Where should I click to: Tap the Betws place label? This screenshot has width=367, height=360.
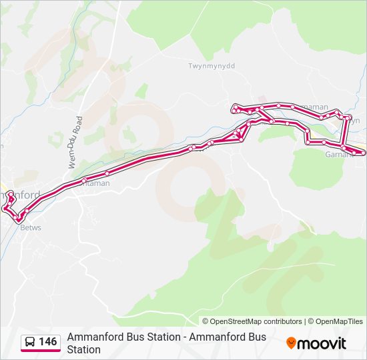coord(31,227)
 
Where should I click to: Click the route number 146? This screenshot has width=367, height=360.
coord(48,342)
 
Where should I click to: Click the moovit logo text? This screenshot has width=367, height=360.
coord(321,343)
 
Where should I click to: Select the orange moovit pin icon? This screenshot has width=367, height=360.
coord(291,343)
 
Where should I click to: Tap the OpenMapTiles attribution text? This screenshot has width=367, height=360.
coord(340,321)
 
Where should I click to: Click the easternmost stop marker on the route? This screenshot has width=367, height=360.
coord(362,153)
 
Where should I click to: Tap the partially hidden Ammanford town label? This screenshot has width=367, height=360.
coord(20,195)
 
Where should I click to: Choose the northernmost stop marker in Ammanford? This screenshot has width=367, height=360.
coord(10,193)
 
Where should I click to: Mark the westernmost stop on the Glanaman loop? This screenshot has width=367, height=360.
coord(234,107)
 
